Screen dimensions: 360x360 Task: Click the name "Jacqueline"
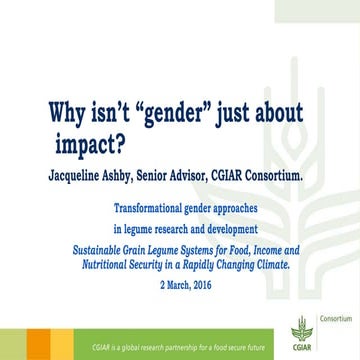click(86, 178)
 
